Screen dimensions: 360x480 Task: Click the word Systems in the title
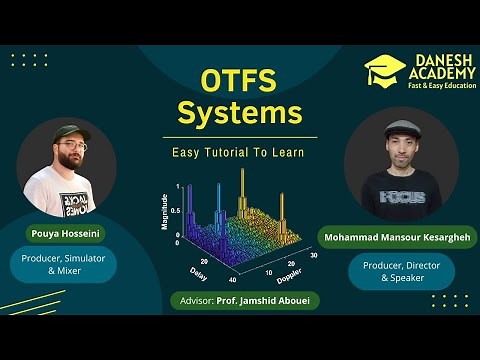coord(239,113)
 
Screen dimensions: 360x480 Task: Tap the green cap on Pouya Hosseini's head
coord(72,131)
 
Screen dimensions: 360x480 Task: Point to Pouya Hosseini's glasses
coord(72,147)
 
